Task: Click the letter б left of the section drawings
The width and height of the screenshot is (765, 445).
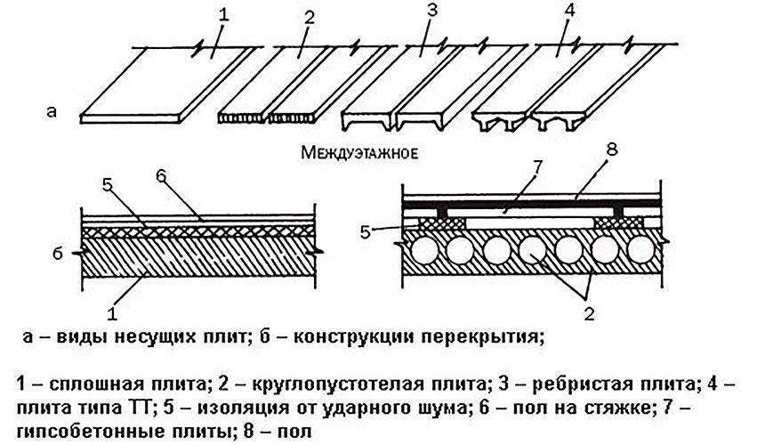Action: click(x=54, y=253)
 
